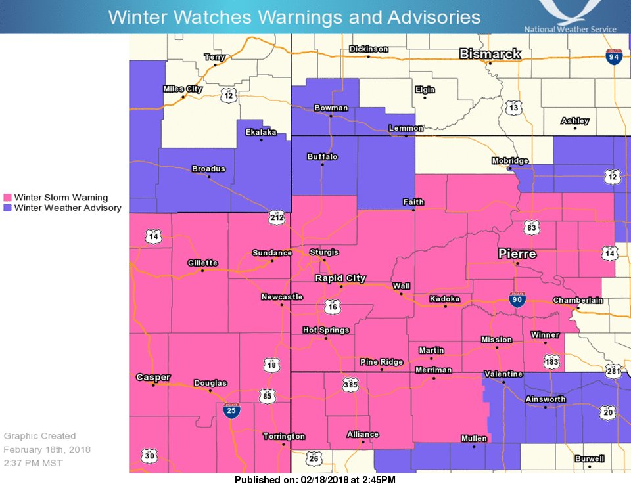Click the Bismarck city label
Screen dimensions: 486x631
coord(490,54)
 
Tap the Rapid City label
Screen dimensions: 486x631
coord(340,278)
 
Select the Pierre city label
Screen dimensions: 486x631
coord(517,254)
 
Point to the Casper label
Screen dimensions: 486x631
coord(153,377)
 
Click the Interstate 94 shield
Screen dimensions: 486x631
coord(614,56)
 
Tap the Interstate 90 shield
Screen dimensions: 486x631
coord(518,300)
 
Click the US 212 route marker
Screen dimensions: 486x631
coord(277,216)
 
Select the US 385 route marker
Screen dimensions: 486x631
coord(350,385)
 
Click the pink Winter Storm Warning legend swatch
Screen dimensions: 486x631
coord(8,198)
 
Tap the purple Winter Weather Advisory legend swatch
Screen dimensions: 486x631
coord(8,208)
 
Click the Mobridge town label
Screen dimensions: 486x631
coord(510,161)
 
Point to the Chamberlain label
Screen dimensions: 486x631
coord(577,300)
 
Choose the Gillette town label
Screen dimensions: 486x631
coord(202,263)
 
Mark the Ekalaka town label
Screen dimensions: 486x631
coord(261,132)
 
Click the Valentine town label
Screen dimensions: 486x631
coord(503,374)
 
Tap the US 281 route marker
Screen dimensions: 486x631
coord(614,372)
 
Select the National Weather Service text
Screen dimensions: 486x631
coord(570,29)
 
